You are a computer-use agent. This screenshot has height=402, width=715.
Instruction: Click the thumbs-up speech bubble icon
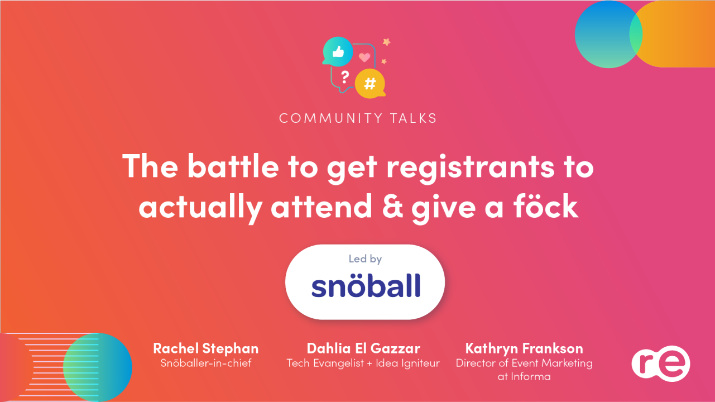point(338,51)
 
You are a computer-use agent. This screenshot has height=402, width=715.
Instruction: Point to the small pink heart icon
point(364,57)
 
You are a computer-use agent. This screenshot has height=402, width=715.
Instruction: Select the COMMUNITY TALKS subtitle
point(358,118)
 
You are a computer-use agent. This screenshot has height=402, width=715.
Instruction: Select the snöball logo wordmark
point(366,286)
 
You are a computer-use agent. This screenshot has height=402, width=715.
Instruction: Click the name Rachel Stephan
point(205,348)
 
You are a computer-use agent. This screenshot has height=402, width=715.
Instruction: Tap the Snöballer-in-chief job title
point(205,363)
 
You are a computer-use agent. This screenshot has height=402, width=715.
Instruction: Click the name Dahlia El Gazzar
point(363,348)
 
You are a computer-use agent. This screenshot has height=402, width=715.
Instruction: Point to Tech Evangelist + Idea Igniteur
point(363,363)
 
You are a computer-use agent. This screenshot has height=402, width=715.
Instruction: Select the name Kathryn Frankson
point(524,348)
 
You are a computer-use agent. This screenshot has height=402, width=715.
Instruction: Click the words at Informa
point(524,377)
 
